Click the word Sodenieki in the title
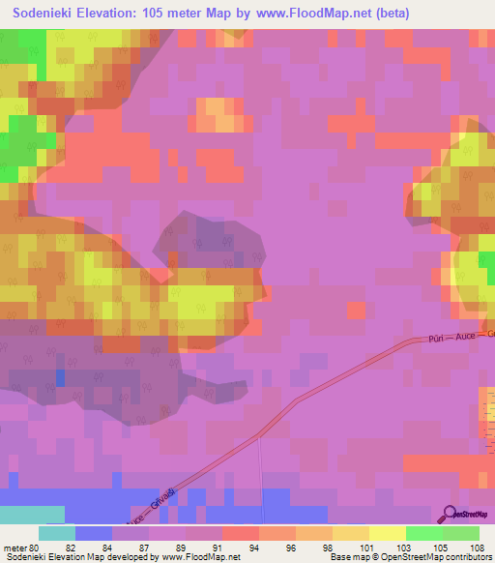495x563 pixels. coord(46,14)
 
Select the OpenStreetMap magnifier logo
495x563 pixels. coord(451,513)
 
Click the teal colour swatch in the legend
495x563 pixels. coord(57,533)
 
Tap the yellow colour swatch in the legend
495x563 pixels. coord(388,533)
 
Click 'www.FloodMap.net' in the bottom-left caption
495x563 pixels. coord(200,557)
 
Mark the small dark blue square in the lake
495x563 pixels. coord(61,376)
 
